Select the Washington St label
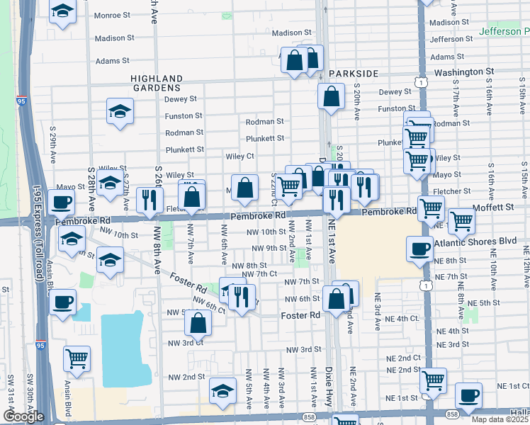click(464, 72)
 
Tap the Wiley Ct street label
click(240, 156)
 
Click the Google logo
click(23, 416)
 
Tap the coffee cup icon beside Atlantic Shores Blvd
click(419, 249)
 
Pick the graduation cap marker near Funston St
click(120, 110)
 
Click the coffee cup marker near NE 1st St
click(468, 395)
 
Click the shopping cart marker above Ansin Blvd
click(76, 357)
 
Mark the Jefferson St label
click(451, 39)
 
